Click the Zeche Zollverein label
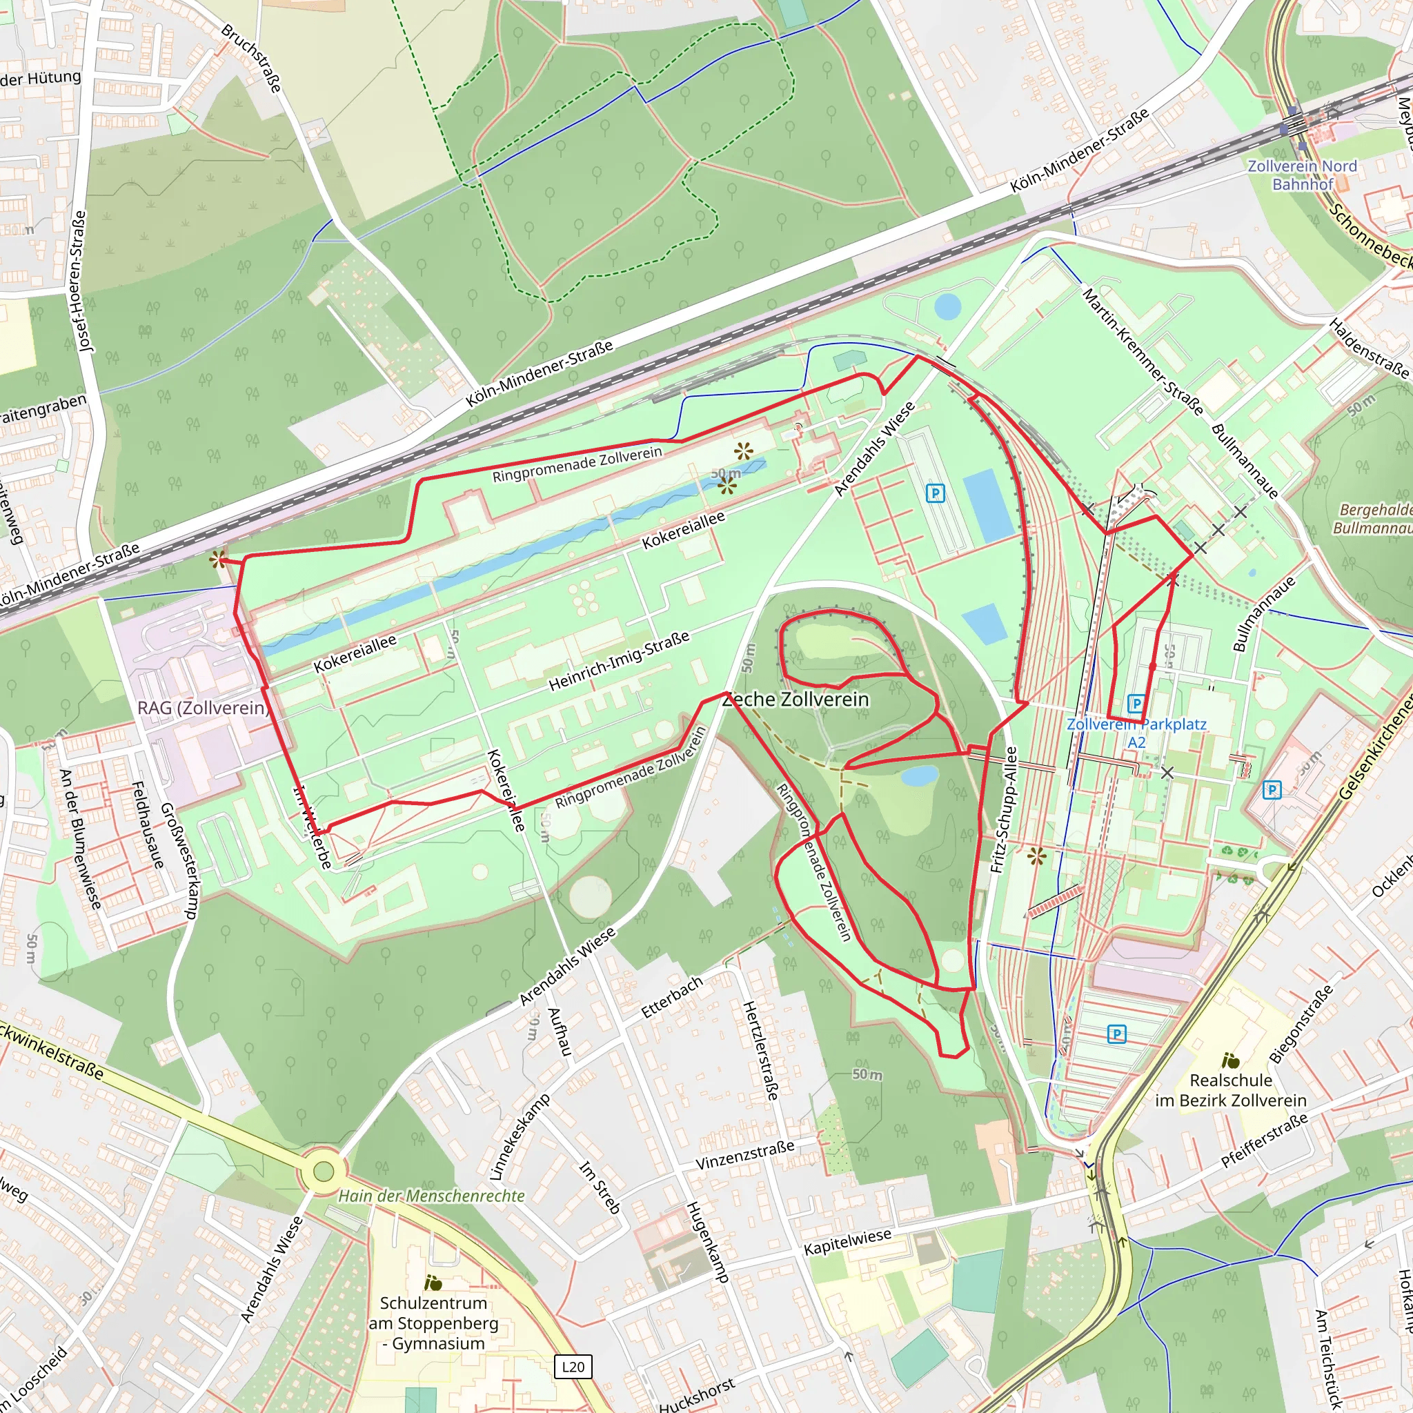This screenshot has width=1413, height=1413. (796, 699)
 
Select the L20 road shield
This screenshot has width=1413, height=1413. (573, 1366)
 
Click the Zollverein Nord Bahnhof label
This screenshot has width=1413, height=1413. (1302, 175)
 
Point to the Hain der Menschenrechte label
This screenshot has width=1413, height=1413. (431, 1196)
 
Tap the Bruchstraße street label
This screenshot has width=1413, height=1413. (252, 59)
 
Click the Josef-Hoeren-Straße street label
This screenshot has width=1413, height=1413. (83, 281)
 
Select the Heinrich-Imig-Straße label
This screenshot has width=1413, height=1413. (619, 660)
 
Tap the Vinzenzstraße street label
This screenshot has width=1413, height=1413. (744, 1155)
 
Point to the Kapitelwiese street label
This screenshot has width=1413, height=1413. (848, 1241)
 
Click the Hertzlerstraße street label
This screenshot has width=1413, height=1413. (760, 1050)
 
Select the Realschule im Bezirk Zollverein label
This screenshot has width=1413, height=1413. (1231, 1089)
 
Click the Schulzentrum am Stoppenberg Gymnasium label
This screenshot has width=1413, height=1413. (434, 1323)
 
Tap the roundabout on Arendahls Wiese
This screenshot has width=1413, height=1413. (324, 1171)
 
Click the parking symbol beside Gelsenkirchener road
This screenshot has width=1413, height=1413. (1272, 790)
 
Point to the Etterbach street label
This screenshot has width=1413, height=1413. (671, 997)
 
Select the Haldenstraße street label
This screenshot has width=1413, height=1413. (1367, 348)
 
